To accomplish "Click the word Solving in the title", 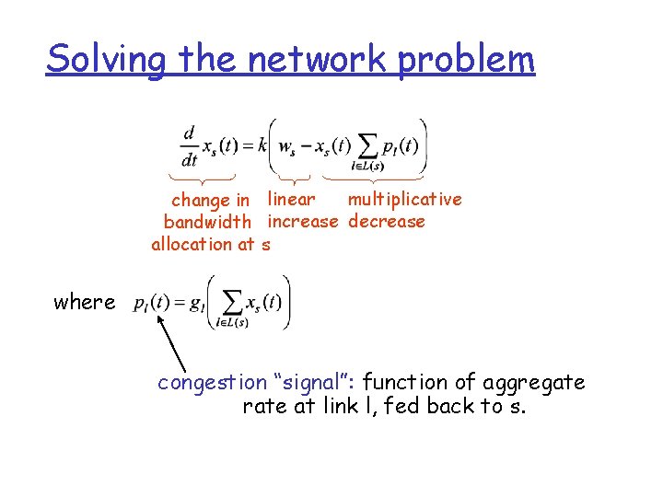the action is [107, 60].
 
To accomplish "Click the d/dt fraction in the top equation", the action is [189, 146].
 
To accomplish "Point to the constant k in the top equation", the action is [262, 145].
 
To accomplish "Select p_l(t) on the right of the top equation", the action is [400, 145].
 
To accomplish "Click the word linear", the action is [291, 199].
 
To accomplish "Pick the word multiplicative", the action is [404, 199].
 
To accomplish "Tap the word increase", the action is [303, 221].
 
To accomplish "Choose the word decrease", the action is [387, 221].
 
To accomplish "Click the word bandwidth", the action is [207, 222].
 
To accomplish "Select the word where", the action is [85, 302].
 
